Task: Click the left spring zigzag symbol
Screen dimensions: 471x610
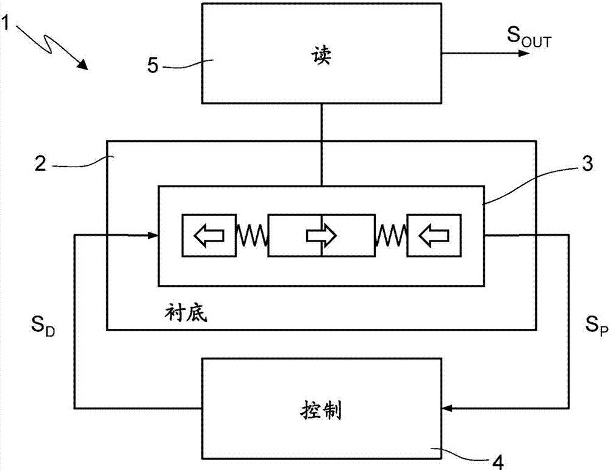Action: coord(251,235)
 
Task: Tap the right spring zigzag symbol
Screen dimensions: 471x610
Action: coord(392,235)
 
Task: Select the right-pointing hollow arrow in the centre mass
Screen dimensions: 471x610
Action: coord(321,234)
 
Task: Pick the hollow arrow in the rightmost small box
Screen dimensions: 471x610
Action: coord(435,234)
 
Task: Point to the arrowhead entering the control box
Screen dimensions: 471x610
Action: coord(447,407)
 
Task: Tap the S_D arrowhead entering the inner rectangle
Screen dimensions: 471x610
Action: coord(152,235)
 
